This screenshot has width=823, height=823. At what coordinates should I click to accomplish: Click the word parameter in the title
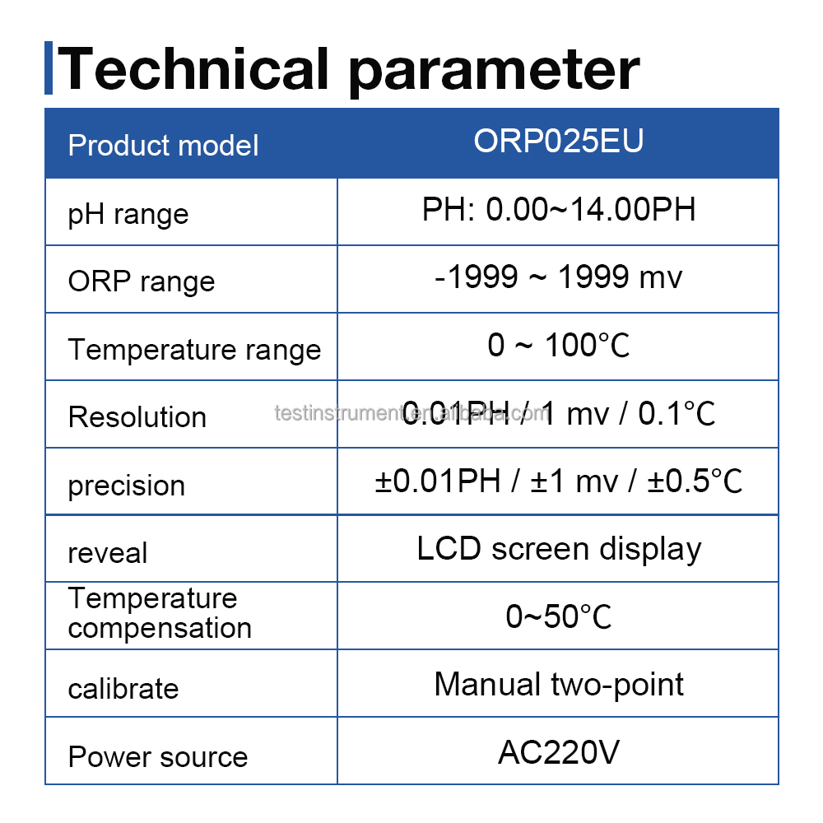click(x=494, y=70)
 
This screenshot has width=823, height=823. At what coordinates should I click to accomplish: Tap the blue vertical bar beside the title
click(x=49, y=67)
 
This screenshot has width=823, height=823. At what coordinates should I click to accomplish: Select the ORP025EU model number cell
click(x=558, y=142)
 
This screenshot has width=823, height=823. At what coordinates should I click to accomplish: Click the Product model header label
click(x=163, y=146)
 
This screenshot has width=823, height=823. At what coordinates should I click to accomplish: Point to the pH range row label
click(x=128, y=215)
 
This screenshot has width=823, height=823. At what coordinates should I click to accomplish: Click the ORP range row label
click(x=142, y=281)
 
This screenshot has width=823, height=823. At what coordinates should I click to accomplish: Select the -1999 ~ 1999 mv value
click(x=558, y=277)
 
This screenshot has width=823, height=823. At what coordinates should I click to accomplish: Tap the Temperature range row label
click(x=194, y=350)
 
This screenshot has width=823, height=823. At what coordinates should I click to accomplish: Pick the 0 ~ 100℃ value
click(x=558, y=346)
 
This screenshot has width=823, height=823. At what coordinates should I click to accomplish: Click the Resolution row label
click(x=137, y=416)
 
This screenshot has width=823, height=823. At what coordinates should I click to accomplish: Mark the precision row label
click(x=127, y=485)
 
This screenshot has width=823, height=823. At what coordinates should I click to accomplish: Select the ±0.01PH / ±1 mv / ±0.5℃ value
click(x=558, y=481)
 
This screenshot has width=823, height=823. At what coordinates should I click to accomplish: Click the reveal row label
click(x=108, y=553)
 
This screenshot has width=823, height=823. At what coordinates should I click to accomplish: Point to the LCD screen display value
click(x=559, y=549)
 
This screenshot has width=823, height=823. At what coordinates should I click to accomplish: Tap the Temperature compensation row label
click(x=160, y=613)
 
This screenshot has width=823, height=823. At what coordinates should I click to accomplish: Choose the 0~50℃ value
click(x=558, y=616)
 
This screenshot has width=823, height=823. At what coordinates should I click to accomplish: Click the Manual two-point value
click(x=559, y=684)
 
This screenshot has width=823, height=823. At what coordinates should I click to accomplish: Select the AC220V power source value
click(x=558, y=752)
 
